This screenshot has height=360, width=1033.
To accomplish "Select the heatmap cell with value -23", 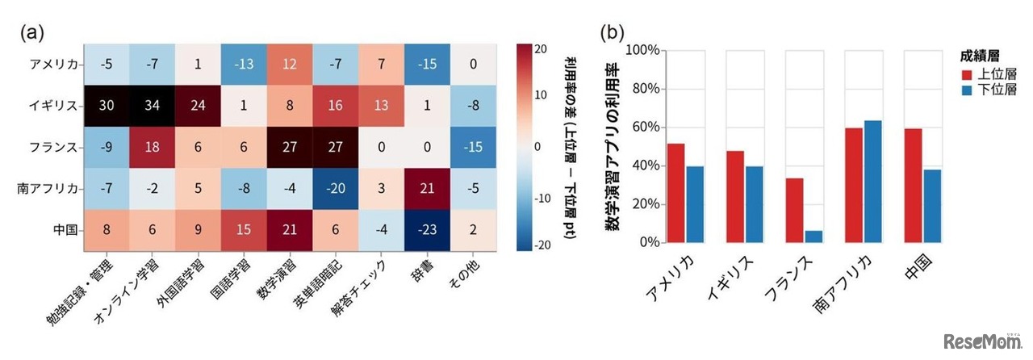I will (421, 228).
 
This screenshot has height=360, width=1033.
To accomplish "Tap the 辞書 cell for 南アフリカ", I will (421, 187).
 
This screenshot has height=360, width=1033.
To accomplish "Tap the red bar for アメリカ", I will (675, 193).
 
